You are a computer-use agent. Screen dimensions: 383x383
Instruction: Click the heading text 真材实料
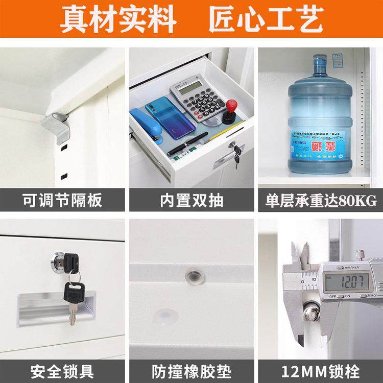point(118,20)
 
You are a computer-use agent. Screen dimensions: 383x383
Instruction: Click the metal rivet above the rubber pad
point(194,276)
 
